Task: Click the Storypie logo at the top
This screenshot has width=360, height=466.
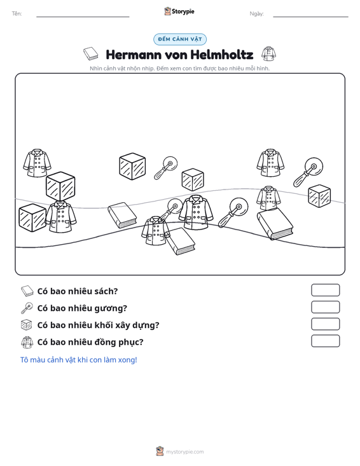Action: coord(179,11)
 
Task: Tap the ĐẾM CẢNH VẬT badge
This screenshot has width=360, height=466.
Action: coord(180,39)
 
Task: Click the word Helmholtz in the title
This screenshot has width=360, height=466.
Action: coord(222,55)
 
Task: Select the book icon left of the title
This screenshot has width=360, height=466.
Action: coord(91,54)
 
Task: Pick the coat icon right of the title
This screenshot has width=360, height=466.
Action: coord(269,54)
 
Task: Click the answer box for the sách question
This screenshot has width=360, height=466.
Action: coord(325,290)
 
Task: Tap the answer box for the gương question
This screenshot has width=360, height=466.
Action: coord(325,307)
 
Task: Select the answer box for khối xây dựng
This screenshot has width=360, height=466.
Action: coord(325,324)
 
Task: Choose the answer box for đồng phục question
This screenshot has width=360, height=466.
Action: coord(325,341)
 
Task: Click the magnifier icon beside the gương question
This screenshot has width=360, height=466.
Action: coord(27,308)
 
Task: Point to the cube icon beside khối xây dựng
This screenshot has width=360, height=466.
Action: coord(27,325)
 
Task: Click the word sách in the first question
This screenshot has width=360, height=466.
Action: coord(106,291)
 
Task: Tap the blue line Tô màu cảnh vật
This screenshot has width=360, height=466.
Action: coord(78,360)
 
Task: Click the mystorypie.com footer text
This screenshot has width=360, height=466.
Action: coord(184,452)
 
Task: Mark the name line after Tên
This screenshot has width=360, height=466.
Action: coord(83,17)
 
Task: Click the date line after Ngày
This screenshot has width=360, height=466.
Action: coord(310,17)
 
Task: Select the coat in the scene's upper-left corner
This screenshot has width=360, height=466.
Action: coord(37,163)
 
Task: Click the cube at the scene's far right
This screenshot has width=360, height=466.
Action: coord(319,196)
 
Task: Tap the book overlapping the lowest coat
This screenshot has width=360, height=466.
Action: coord(180,242)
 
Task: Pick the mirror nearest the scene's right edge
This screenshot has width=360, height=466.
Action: coord(308,172)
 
